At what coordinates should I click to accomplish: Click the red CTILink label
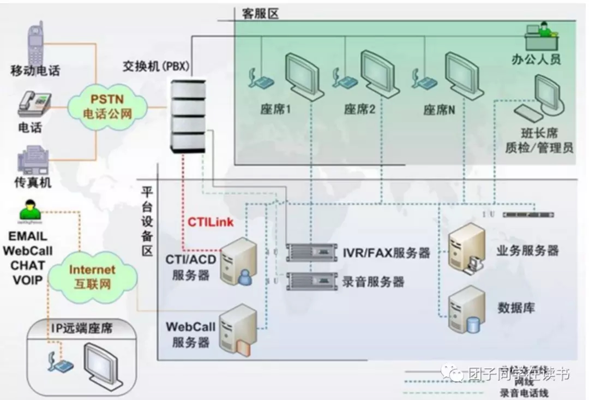pyautogui.click(x=211, y=222)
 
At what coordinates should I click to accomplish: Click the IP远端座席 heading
pyautogui.click(x=82, y=328)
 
